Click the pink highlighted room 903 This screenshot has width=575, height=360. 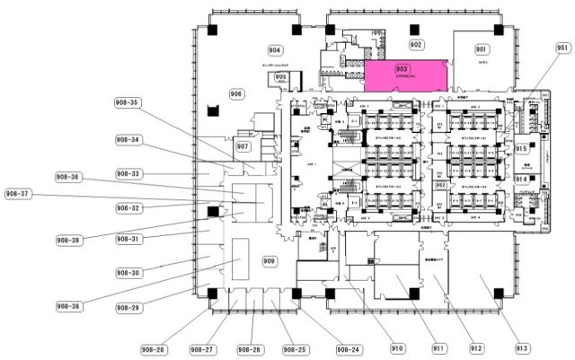tap(405, 76)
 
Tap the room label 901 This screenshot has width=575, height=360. tap(481, 48)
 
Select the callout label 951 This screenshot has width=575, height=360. tap(563, 48)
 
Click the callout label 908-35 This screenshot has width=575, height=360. tap(128, 102)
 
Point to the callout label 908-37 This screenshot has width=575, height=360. tap(18, 193)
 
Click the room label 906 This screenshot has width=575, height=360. tap(237, 93)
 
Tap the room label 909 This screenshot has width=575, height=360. tap(269, 261)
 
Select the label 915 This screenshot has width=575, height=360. tap(521, 149)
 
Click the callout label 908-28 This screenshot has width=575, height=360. tap(154, 348)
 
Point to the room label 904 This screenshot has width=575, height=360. tap(275, 50)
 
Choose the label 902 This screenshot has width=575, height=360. tap(416, 44)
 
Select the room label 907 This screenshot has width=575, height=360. tap(243, 145)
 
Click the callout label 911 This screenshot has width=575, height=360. tap(438, 348)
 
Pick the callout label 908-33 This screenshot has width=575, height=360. tap(128, 173)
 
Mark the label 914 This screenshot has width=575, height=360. tap(521, 180)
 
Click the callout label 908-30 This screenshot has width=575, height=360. tap(128, 272)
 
